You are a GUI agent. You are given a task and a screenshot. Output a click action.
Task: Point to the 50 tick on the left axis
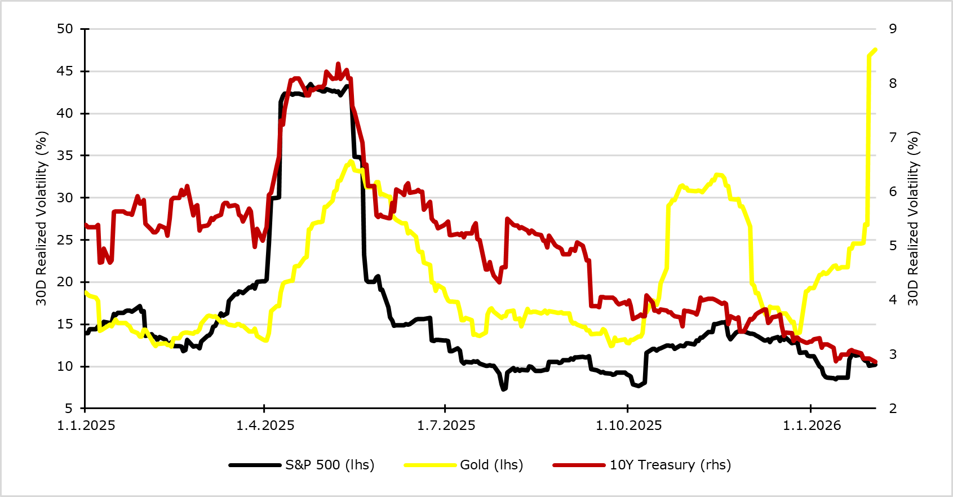tap(65, 29)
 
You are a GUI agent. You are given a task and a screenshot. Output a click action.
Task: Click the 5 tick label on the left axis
tap(69, 409)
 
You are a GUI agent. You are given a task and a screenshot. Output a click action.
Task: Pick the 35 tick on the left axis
tap(65, 156)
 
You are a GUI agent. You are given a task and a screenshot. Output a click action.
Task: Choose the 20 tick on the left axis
tap(65, 282)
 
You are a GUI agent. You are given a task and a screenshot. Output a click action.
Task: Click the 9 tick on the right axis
tap(893, 29)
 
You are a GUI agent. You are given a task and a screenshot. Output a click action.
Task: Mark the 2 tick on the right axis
tap(893, 409)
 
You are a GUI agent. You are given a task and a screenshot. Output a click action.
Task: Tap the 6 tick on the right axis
tap(893, 192)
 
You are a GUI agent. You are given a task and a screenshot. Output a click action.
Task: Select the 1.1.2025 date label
tap(86, 425)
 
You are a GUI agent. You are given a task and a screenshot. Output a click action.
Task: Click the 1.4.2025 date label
tap(265, 425)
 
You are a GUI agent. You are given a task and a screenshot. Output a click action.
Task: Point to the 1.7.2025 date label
tap(446, 425)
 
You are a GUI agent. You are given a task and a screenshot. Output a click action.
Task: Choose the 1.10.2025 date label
tap(628, 425)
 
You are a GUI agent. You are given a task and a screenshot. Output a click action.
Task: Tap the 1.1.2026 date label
tap(812, 425)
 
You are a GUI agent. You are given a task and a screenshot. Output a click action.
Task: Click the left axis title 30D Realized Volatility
tap(41, 219)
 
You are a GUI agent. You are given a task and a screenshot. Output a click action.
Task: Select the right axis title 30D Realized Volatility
tap(913, 219)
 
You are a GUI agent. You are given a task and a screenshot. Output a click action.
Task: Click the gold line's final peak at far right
tap(875, 50)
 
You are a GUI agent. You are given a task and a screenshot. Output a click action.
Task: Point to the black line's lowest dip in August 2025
tap(504, 389)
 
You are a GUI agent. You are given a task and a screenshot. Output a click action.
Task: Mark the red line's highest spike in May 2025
tap(338, 64)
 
